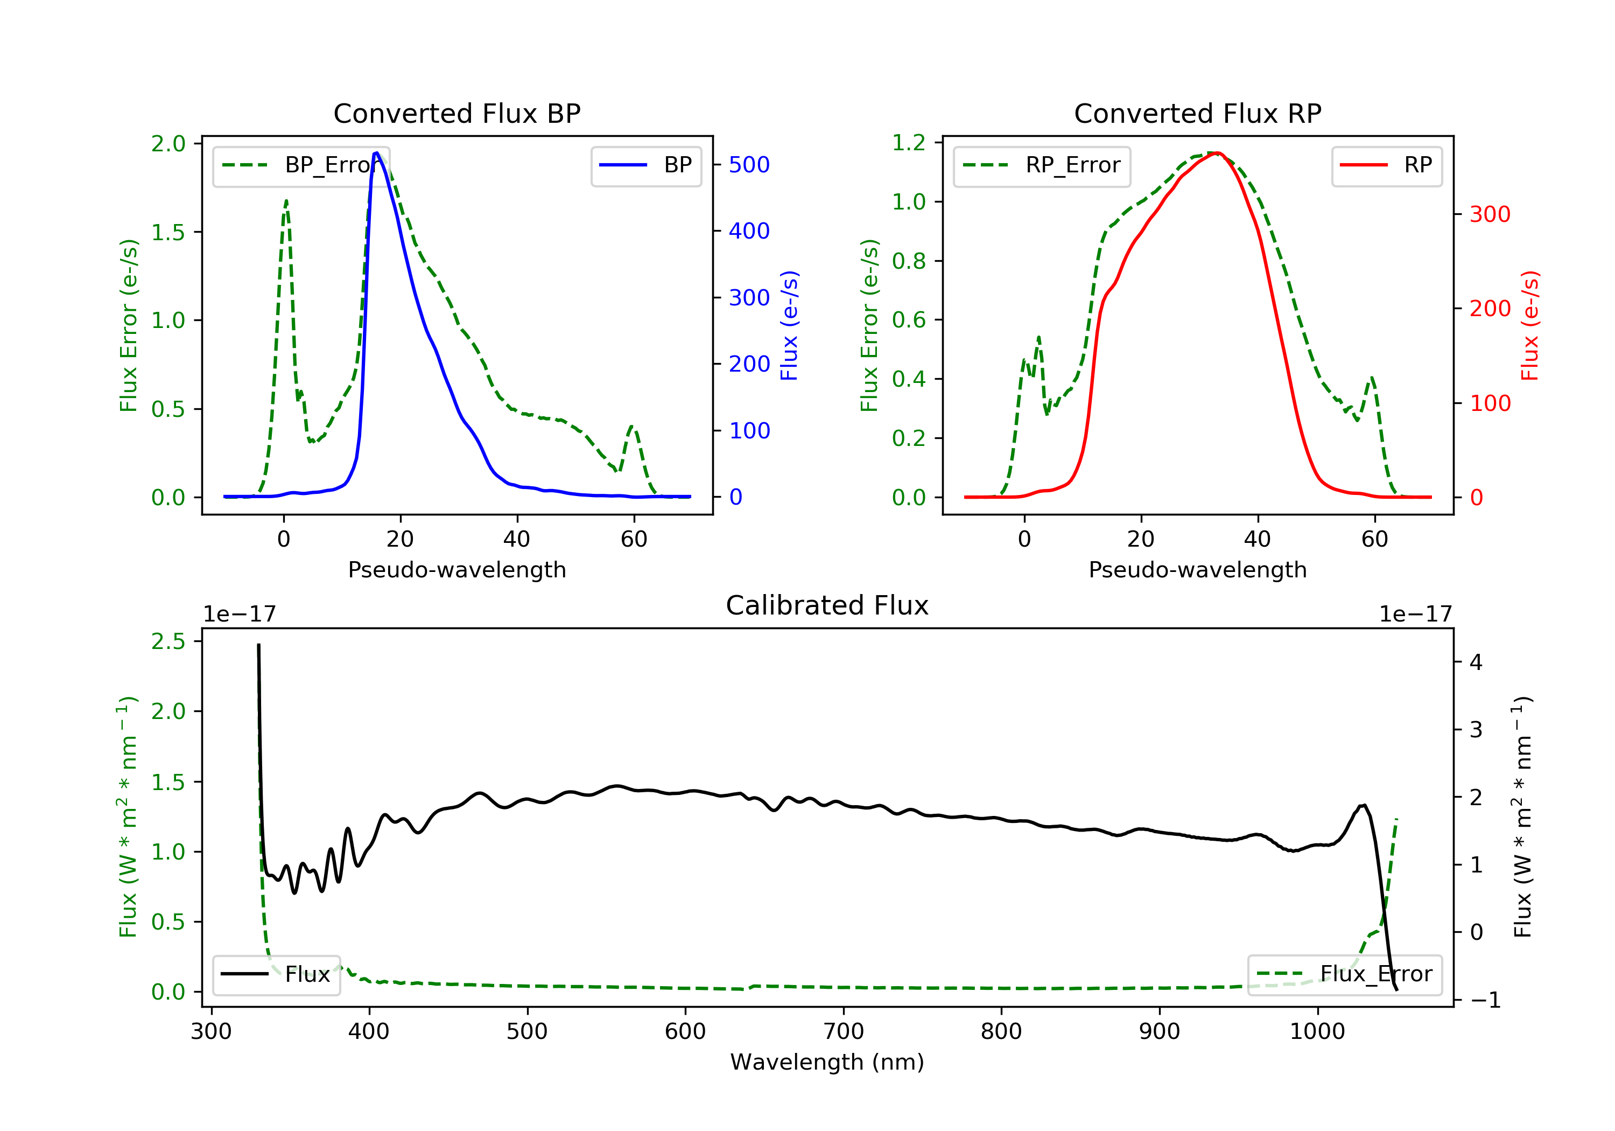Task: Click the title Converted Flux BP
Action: click(x=457, y=113)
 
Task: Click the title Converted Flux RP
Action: click(x=1197, y=113)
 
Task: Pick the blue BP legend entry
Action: click(x=645, y=165)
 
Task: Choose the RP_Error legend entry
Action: click(x=1042, y=165)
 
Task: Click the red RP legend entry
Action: click(x=1386, y=165)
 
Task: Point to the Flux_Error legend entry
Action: click(x=1344, y=974)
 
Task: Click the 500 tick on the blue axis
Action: click(x=749, y=165)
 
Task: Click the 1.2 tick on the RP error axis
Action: click(x=909, y=143)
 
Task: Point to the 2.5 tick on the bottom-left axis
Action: click(x=168, y=641)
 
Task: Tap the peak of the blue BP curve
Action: click(x=377, y=153)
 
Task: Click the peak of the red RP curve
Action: click(x=1217, y=153)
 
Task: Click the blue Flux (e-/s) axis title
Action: click(x=789, y=325)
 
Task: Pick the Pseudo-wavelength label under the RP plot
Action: click(x=1197, y=569)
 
